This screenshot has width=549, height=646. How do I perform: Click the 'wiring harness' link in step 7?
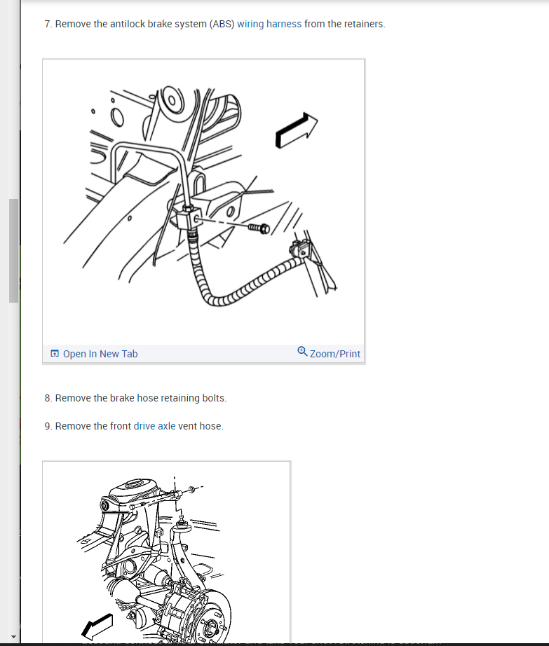point(269,24)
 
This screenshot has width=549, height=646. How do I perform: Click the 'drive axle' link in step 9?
point(154,426)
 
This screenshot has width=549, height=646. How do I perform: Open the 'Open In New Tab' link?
point(100,354)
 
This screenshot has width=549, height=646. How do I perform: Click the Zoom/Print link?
point(334,354)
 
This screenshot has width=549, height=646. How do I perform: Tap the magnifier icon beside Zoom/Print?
point(302,352)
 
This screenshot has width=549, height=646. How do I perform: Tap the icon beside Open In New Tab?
point(55,354)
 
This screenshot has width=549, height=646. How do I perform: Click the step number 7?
point(47,24)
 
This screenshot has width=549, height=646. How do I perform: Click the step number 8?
point(47,398)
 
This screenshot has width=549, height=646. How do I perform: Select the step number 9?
point(47,426)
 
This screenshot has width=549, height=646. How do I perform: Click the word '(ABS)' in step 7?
point(222,24)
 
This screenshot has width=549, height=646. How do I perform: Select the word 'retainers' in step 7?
point(363,24)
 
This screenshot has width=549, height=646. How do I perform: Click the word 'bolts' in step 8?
point(214,398)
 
